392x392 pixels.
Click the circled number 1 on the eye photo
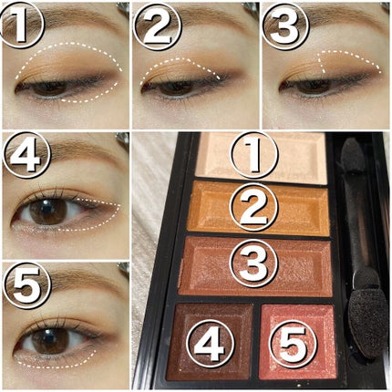(x=21, y=25)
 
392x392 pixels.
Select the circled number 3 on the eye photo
(x=285, y=25)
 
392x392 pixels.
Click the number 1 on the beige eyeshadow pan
(x=254, y=155)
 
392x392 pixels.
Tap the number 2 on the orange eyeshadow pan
(x=254, y=209)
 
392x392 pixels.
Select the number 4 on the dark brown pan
(x=211, y=344)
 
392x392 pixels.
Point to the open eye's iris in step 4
(x=48, y=211)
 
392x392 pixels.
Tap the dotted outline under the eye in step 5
(x=55, y=366)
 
